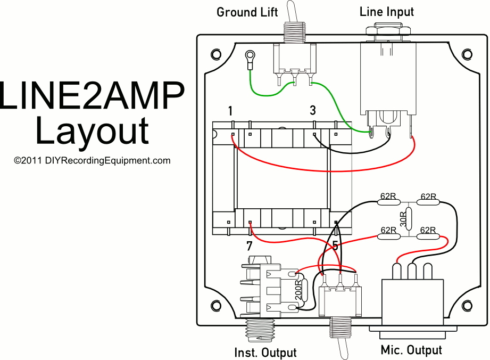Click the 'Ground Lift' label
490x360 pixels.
[244, 12]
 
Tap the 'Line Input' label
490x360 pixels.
[386, 11]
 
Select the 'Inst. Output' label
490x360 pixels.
[265, 352]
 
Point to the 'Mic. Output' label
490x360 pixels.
[411, 350]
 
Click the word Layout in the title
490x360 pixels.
[92, 132]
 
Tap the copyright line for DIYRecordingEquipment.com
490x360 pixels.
[92, 160]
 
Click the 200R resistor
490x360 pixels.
[298, 291]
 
